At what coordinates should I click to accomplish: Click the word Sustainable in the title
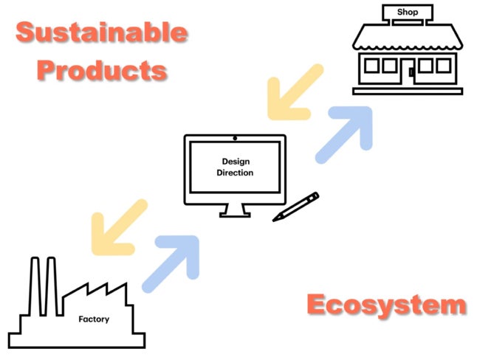coord(101,32)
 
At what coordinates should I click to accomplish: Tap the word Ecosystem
coord(386,304)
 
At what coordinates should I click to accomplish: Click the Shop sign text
coord(407,12)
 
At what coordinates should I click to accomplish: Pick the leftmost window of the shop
coord(370,66)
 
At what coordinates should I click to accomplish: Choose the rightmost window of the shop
coord(443,66)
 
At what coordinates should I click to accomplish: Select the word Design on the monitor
coord(235,161)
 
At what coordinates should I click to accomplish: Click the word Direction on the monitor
coord(235,173)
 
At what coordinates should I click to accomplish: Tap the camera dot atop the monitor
coord(235,138)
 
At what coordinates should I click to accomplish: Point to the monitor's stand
coord(235,210)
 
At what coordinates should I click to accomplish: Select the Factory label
coord(94,319)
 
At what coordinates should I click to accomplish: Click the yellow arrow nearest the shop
coord(292,94)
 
